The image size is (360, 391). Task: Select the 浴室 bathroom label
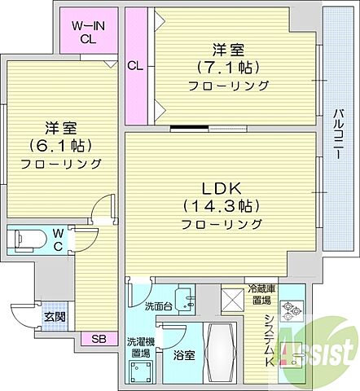pyautogui.click(x=182, y=355)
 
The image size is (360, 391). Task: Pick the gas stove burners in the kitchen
pyautogui.click(x=291, y=310)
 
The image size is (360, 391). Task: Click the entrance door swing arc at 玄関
pyautogui.click(x=23, y=314)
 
